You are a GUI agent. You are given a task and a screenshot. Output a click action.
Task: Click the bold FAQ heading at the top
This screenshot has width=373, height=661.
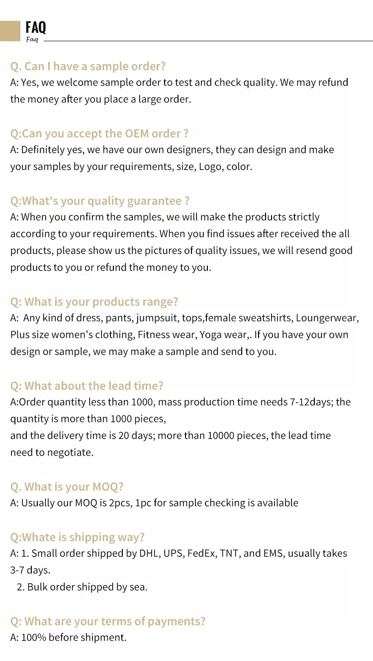[x=35, y=27]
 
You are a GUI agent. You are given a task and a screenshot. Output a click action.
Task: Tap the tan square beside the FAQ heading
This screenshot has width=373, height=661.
[x=10, y=31]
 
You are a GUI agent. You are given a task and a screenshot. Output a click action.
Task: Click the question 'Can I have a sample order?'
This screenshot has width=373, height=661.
[x=88, y=66]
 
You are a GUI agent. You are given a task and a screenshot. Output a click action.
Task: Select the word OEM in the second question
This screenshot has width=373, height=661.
[x=138, y=133]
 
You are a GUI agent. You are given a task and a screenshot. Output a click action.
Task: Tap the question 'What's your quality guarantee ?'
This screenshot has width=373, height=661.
[x=100, y=201]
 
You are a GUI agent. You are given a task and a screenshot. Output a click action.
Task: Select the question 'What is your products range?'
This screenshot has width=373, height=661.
[x=94, y=302]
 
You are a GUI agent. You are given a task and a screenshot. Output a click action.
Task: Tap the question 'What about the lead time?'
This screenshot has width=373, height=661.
[x=87, y=386]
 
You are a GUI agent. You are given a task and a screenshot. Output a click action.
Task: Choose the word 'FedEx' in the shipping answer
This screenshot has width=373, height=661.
[x=200, y=553]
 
